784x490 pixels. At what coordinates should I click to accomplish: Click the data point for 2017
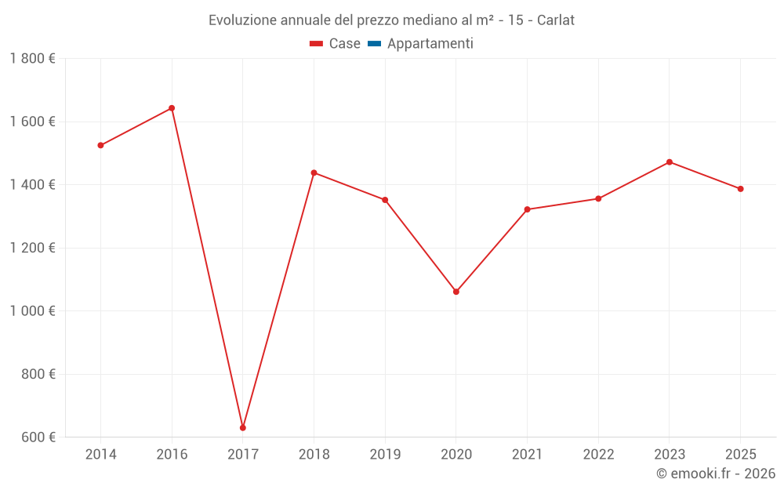click(x=243, y=427)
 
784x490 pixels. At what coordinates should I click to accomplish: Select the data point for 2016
click(x=172, y=108)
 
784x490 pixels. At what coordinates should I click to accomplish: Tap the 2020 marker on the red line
click(x=456, y=292)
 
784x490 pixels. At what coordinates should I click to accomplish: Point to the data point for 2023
click(x=670, y=162)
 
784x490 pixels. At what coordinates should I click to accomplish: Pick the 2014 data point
click(x=101, y=145)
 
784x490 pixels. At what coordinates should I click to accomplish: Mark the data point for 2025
click(x=740, y=189)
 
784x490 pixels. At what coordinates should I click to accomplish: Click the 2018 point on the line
click(x=314, y=172)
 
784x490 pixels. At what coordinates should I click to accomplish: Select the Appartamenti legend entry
click(x=430, y=44)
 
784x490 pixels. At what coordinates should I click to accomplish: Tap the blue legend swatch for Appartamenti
click(x=374, y=44)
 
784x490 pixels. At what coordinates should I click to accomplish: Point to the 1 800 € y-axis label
click(x=32, y=59)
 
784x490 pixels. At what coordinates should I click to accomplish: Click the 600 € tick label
click(x=38, y=437)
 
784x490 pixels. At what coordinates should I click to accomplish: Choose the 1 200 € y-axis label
click(x=32, y=248)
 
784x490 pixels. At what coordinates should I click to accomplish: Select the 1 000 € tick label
click(x=32, y=310)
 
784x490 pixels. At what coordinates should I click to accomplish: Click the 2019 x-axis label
click(x=385, y=455)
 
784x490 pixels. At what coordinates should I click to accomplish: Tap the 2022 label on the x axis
click(x=598, y=455)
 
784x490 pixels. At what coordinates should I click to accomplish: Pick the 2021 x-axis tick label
click(x=527, y=455)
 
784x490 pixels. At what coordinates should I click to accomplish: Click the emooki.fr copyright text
click(x=716, y=474)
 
